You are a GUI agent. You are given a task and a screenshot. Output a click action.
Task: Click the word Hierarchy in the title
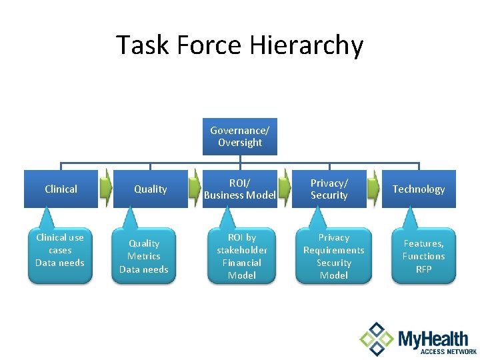pyautogui.click(x=306, y=45)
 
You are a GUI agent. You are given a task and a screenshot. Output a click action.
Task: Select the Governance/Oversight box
pyautogui.click(x=240, y=137)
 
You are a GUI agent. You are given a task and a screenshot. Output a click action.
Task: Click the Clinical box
pyautogui.click(x=61, y=189)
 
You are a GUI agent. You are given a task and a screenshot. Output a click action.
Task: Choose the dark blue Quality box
pyautogui.click(x=150, y=189)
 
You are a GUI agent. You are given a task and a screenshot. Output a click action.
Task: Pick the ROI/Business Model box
pyautogui.click(x=239, y=189)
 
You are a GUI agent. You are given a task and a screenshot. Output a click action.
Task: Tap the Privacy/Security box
pyautogui.click(x=329, y=189)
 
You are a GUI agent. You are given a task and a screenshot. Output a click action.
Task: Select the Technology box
pyautogui.click(x=418, y=189)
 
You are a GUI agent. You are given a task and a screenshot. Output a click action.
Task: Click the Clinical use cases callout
pyautogui.click(x=60, y=253)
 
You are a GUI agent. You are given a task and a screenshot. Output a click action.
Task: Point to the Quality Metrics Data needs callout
pyautogui.click(x=144, y=257)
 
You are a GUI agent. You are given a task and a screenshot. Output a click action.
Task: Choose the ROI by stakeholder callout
pyautogui.click(x=241, y=257)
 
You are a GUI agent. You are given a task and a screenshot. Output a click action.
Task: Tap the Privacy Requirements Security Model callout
pyautogui.click(x=333, y=257)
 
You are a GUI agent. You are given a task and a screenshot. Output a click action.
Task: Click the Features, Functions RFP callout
pyautogui.click(x=423, y=257)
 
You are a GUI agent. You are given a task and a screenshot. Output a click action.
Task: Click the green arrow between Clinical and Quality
pyautogui.click(x=105, y=189)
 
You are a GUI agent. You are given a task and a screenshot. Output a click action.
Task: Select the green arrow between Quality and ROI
pyautogui.click(x=195, y=189)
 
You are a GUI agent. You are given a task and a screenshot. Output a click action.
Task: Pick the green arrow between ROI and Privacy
pyautogui.click(x=284, y=189)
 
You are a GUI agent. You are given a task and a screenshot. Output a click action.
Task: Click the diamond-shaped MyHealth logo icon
pyautogui.click(x=377, y=339)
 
